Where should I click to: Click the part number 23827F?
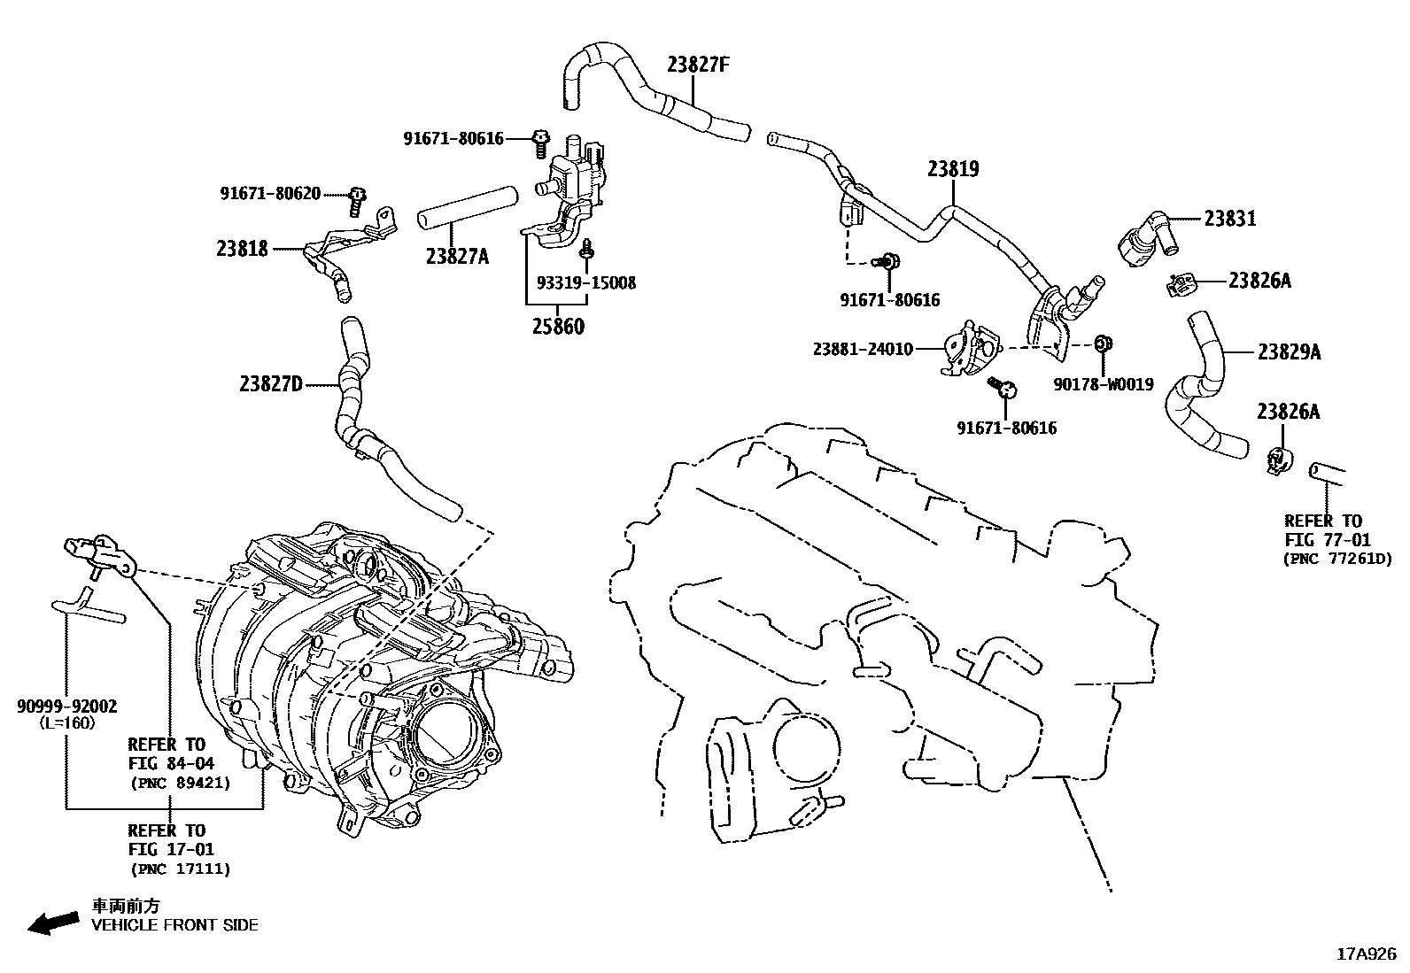698,65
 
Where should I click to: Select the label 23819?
953,168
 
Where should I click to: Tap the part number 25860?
558,326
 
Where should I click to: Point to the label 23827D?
270,383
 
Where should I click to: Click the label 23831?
1229,218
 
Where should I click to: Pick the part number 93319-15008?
586,283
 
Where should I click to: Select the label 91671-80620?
270,193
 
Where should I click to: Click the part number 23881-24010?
863,349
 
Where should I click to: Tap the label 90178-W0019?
1103,384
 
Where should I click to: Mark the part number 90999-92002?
67,706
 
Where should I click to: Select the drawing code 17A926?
1366,954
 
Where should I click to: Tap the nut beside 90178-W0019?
1103,344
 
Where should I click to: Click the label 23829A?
1289,352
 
